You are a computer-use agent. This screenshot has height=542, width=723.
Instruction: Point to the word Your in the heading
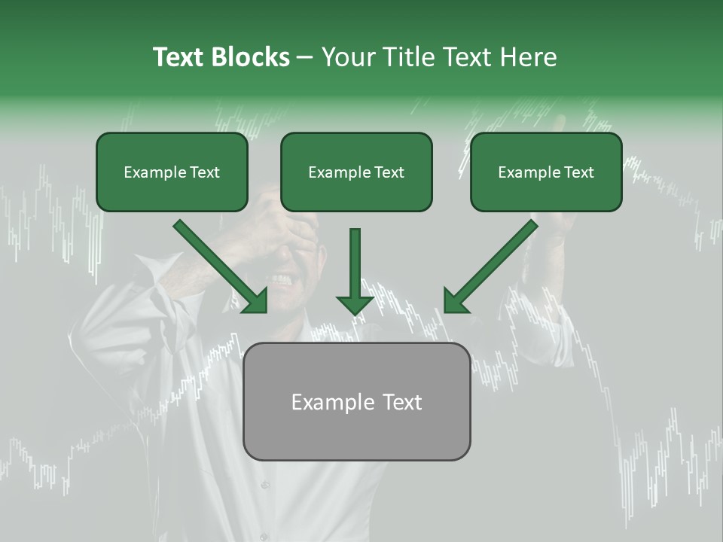348,57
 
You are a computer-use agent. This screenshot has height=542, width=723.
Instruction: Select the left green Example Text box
172,172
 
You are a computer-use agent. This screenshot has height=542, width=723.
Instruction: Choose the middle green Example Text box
356,172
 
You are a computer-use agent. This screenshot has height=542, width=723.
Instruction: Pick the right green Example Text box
546,172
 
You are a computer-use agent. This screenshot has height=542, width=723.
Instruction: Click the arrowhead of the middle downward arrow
355,303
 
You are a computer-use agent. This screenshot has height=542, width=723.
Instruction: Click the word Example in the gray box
325,402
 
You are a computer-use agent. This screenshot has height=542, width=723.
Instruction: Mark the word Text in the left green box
205,172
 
